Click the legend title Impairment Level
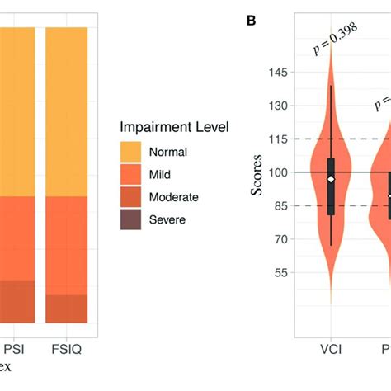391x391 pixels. tap(174, 128)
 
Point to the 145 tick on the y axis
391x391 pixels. tap(278, 73)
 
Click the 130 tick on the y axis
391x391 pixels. tap(278, 106)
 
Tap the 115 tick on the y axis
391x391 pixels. tap(278, 139)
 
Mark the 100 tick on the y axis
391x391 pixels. tap(278, 172)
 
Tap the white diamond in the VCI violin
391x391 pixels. tap(330, 179)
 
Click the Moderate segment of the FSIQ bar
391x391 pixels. tap(66, 309)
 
